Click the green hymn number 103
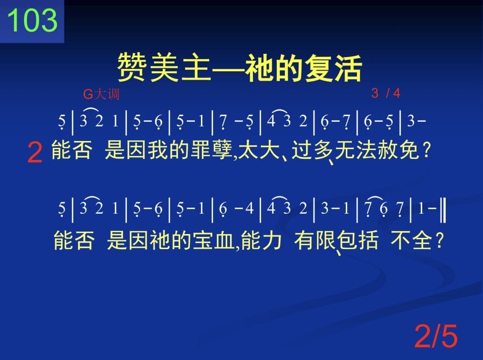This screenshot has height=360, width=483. (33, 20)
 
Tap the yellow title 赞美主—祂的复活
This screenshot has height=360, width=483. (240, 68)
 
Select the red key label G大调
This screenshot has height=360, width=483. (101, 94)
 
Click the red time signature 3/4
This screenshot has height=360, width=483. (386, 93)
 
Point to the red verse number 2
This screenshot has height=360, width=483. (35, 152)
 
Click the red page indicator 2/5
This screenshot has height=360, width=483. (436, 336)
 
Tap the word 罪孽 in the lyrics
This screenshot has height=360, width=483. (212, 150)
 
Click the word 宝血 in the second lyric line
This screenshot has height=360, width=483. (214, 240)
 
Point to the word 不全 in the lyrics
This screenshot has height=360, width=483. (411, 240)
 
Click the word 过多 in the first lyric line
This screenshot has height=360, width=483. (312, 150)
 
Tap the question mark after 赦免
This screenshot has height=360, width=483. (426, 151)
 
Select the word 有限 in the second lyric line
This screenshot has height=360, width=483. (315, 240)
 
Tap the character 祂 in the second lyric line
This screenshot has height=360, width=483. (160, 240)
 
